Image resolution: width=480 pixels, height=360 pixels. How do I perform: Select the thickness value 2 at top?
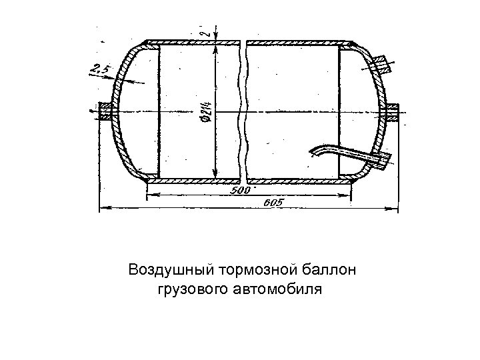(207, 30)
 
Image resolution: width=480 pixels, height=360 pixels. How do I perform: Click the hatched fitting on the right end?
(392, 111)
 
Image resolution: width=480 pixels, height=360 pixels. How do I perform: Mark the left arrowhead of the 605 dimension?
(102, 209)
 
